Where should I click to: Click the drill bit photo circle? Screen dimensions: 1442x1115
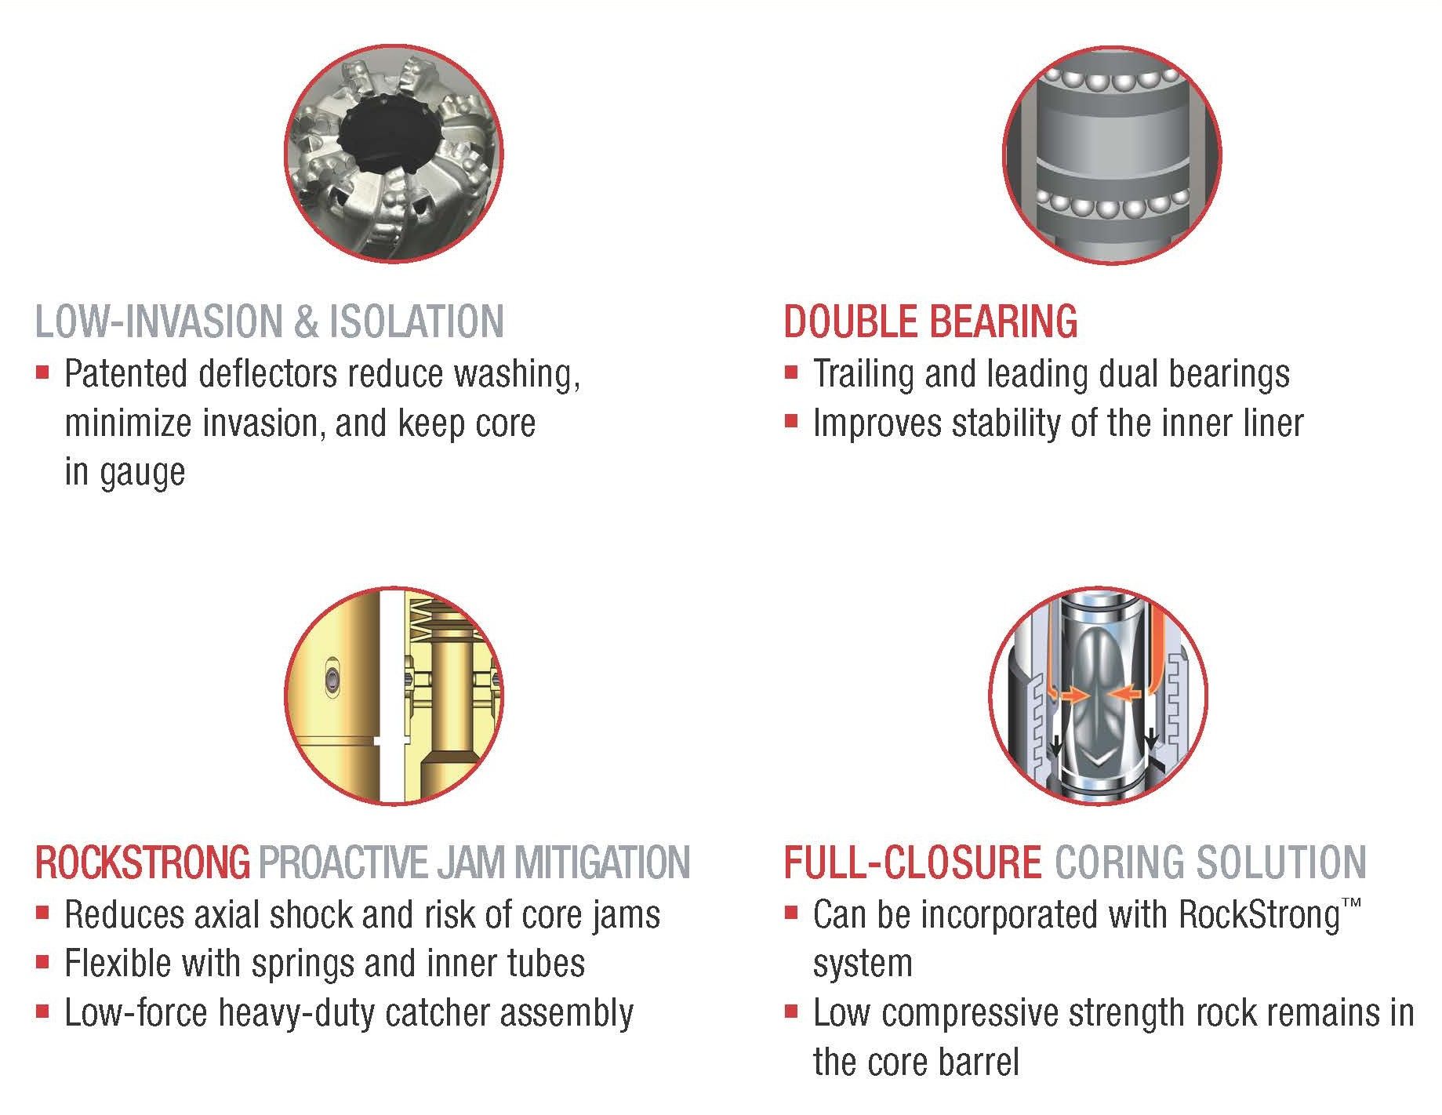394,155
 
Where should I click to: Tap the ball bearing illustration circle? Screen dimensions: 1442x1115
1112,155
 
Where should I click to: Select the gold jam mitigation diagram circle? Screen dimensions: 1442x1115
394,696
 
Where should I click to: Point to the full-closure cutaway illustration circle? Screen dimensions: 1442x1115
1099,696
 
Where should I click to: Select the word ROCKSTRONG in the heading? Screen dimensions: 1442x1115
143,863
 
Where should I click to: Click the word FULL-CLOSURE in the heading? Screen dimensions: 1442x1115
913,863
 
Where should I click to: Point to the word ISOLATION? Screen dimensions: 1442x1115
416,321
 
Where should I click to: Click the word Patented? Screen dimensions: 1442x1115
128,374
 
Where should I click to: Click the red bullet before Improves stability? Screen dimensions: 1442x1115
791,421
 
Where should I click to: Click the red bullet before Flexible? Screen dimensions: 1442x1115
42,961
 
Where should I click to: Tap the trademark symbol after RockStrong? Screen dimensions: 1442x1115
1353,905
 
